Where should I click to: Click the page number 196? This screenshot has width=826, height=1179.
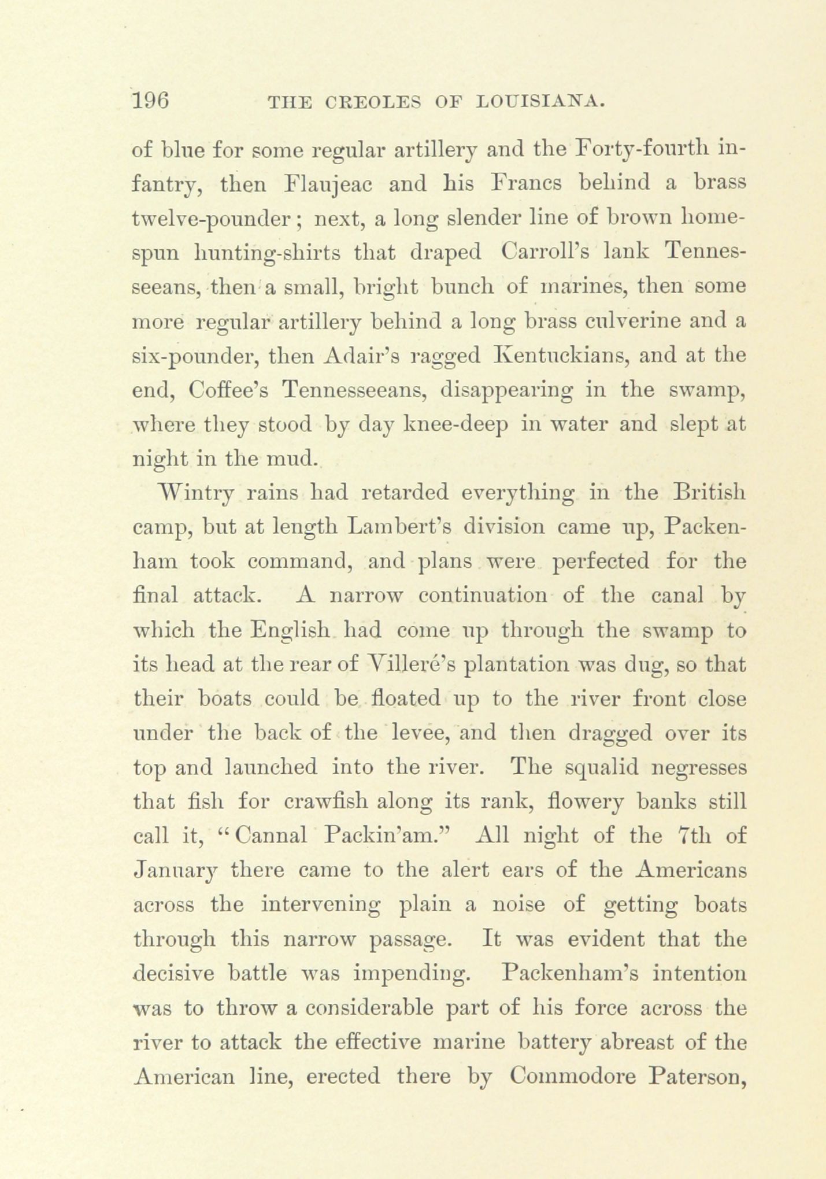coord(150,102)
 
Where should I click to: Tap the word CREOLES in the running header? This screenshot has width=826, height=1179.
coord(368,104)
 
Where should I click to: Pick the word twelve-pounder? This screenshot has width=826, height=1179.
coord(215,219)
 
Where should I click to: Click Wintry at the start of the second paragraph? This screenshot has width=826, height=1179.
coord(195,493)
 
